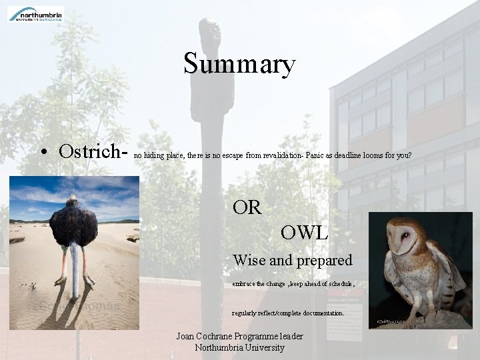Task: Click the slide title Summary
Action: point(239,64)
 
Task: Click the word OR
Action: point(247,208)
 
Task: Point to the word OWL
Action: point(304,233)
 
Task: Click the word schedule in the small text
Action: point(337,284)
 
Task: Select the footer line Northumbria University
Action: point(239,347)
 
